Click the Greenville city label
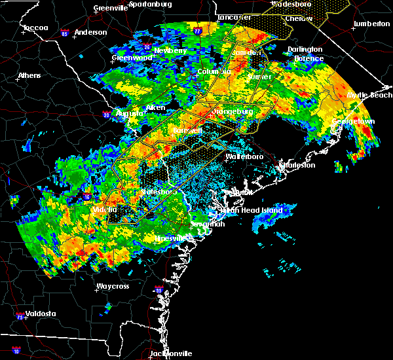pyautogui.click(x=110, y=9)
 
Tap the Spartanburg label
pyautogui.click(x=150, y=4)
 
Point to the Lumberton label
pyautogui.click(x=371, y=24)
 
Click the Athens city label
pyautogui.click(x=29, y=75)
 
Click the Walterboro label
pyautogui.click(x=244, y=157)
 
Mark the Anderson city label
pyautogui.click(x=90, y=32)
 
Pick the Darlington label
pyautogui.click(x=305, y=49)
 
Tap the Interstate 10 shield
pyautogui.click(x=16, y=351)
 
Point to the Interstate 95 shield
pyautogui.click(x=158, y=291)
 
